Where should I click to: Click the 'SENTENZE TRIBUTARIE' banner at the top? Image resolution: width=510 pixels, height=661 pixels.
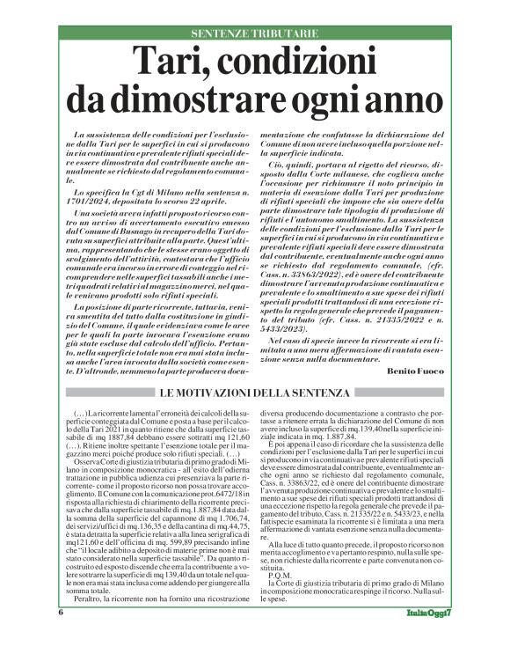(254, 33)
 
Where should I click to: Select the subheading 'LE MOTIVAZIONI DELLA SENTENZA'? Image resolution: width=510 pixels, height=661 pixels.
(254, 392)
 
